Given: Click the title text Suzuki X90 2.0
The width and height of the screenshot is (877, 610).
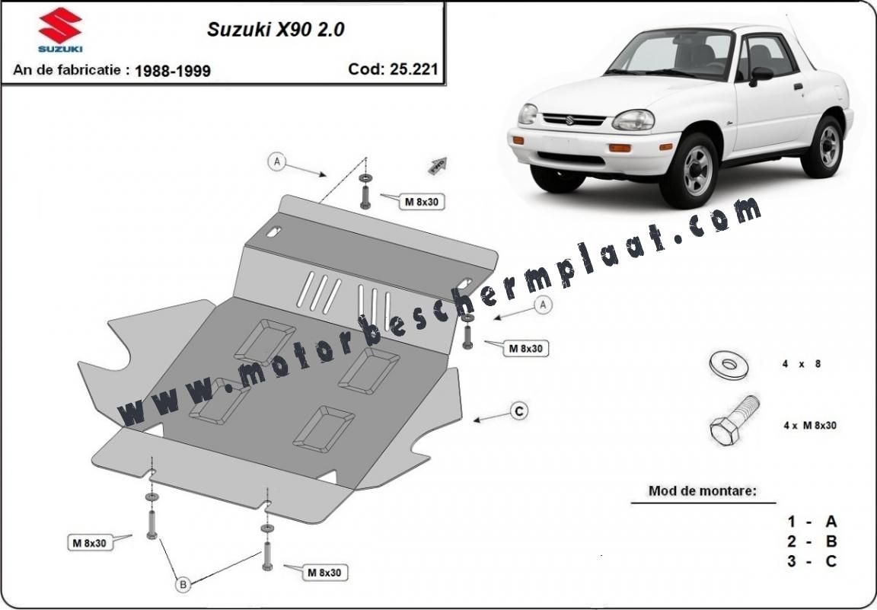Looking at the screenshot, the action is tap(276, 29).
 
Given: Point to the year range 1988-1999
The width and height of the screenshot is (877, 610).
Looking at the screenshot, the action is tap(172, 71).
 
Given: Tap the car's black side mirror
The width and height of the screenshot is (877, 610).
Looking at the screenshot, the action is tap(760, 75).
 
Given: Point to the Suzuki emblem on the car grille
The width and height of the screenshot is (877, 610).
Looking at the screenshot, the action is tap(569, 120).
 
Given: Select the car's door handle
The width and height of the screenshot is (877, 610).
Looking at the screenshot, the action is tap(798, 86).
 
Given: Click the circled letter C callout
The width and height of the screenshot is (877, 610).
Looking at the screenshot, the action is tap(520, 411).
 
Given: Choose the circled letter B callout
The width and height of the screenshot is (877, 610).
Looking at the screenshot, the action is tap(183, 585).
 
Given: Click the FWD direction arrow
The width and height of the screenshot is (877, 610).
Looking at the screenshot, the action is tap(438, 164).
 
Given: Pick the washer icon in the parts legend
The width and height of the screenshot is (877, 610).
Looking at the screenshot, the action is tap(729, 365).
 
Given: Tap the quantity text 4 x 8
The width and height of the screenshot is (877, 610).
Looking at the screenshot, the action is tap(802, 364).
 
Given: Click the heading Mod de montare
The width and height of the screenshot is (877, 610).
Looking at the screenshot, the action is tap(703, 491).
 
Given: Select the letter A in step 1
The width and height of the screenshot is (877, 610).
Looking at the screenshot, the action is tap(831, 522).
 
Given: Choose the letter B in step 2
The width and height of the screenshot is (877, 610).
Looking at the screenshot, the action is tap(831, 541).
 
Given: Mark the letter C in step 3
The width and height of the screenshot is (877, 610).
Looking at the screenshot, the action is tap(831, 561).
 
